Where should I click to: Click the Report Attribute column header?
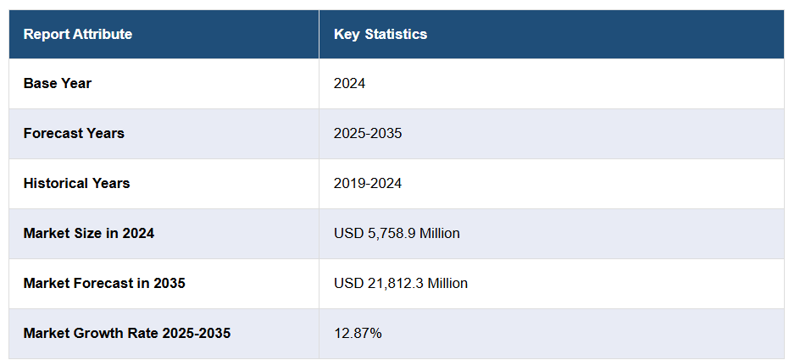point(77,35)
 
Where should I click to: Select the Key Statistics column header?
point(381,35)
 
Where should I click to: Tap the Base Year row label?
point(58,84)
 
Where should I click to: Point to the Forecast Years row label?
point(74,134)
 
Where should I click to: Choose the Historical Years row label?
point(76,183)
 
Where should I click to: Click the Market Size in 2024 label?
point(89,233)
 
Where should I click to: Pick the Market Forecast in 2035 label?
point(104,283)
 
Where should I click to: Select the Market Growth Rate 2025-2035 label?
point(127,333)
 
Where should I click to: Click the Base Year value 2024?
point(349,84)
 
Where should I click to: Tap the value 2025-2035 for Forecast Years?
point(368,134)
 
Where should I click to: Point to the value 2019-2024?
point(368,183)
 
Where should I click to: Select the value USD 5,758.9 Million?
point(397,233)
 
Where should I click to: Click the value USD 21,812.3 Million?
point(401,283)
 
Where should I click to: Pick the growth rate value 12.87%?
point(358,333)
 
